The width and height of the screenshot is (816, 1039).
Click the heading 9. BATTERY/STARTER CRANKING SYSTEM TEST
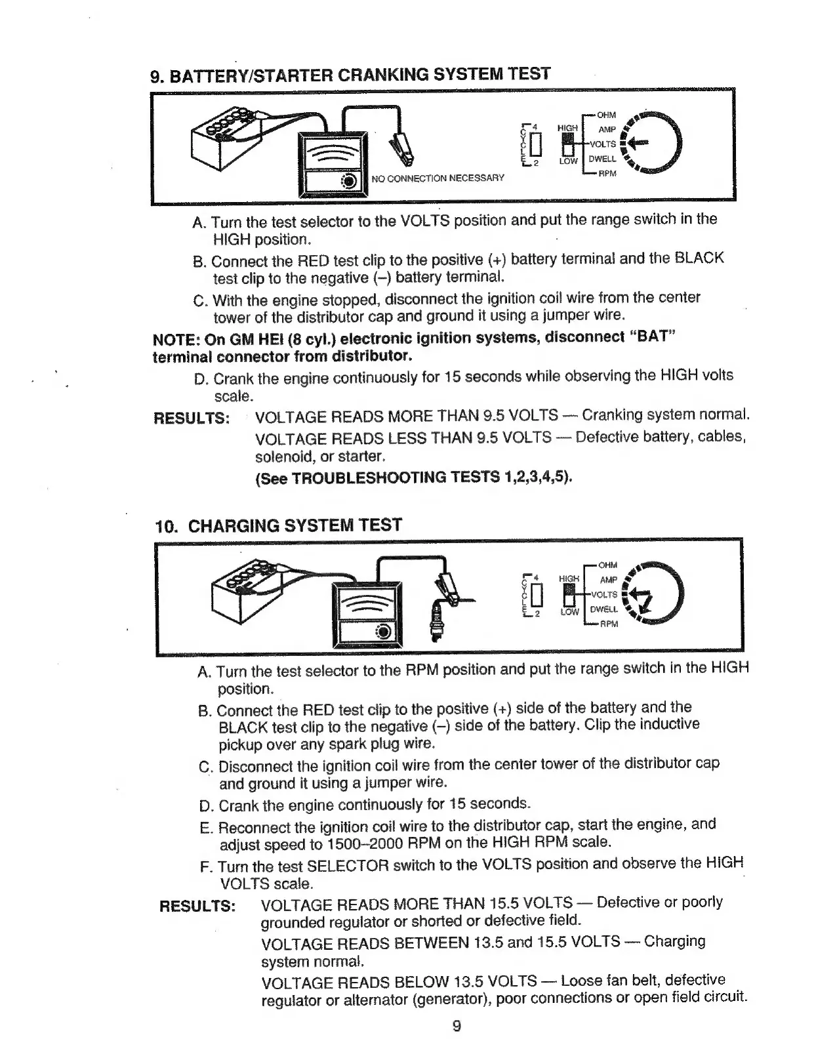click(x=350, y=74)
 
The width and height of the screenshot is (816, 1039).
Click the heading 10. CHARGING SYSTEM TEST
click(x=278, y=525)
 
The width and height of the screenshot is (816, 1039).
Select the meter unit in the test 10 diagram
click(x=366, y=613)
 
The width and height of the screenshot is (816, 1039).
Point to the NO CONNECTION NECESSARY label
click(x=438, y=178)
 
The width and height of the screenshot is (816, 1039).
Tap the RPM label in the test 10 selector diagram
click(x=609, y=624)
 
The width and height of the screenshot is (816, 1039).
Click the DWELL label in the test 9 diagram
click(x=602, y=159)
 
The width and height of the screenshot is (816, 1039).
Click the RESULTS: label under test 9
click(x=192, y=418)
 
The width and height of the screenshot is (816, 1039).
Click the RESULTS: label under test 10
click(x=197, y=906)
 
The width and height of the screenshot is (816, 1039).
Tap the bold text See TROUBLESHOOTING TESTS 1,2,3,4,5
click(x=414, y=477)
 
